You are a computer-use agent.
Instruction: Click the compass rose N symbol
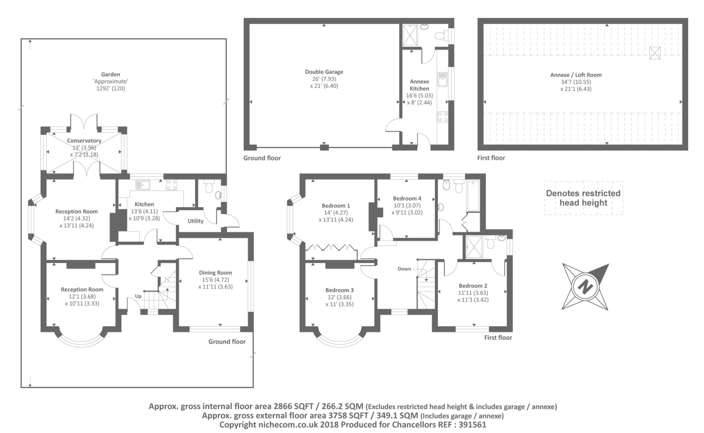pyautogui.click(x=585, y=286)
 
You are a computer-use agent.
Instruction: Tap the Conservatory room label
pyautogui.click(x=84, y=140)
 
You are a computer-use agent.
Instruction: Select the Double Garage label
pyautogui.click(x=324, y=72)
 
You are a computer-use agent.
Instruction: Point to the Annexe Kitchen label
pyautogui.click(x=419, y=85)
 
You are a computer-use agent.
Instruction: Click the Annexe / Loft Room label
pyautogui.click(x=576, y=75)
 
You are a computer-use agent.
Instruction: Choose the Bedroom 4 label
pyautogui.click(x=407, y=198)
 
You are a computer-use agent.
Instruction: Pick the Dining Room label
pyautogui.click(x=216, y=272)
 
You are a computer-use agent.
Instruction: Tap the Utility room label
pyautogui.click(x=195, y=221)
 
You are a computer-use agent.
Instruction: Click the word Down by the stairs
pyautogui.click(x=404, y=269)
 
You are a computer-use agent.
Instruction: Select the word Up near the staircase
pyautogui.click(x=138, y=296)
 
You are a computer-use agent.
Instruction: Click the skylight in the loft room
pyautogui.click(x=655, y=53)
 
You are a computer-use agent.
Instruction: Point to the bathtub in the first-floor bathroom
pyautogui.click(x=473, y=195)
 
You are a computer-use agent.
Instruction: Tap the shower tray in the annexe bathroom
pyautogui.click(x=410, y=35)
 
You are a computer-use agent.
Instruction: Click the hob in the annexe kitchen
pyautogui.click(x=443, y=117)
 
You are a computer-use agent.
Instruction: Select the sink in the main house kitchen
pyautogui.click(x=143, y=185)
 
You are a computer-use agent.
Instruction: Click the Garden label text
pyautogui.click(x=110, y=74)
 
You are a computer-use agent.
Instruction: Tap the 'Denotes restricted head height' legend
pyautogui.click(x=583, y=198)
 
